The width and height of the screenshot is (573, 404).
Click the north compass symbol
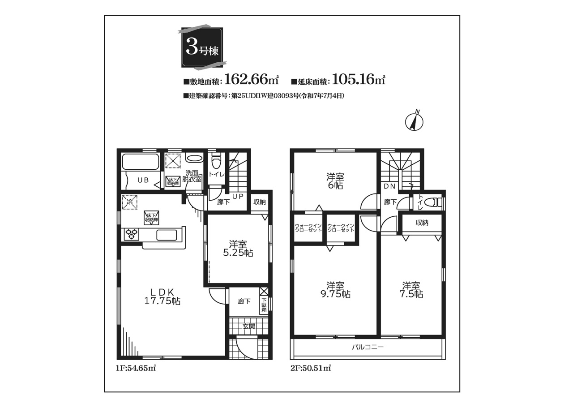[414, 122]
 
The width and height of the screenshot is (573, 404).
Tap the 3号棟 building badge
[202, 47]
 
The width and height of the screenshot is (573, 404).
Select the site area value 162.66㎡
[251, 79]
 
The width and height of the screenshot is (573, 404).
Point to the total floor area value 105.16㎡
[359, 79]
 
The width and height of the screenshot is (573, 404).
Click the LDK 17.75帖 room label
[162, 297]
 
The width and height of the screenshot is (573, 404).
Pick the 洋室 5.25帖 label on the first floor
[238, 248]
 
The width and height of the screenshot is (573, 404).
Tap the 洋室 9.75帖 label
[335, 290]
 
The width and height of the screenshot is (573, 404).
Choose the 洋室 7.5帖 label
[411, 290]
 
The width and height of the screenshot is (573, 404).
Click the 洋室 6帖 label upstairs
[335, 181]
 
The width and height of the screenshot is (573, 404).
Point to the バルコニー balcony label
[368, 347]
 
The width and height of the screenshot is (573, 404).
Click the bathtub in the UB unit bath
[140, 162]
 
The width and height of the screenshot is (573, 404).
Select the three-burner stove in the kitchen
[132, 234]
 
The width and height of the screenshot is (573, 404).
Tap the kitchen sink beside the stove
[167, 235]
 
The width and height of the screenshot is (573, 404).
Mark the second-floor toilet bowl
[432, 202]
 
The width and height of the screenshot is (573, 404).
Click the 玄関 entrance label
[248, 326]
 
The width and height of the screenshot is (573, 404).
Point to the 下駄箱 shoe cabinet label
[264, 305]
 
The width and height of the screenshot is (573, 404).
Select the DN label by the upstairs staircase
[389, 186]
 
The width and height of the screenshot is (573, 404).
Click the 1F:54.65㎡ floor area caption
[136, 368]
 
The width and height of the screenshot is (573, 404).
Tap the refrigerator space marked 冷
[130, 202]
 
